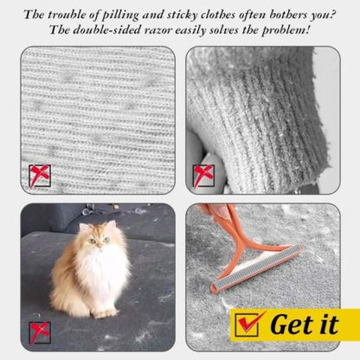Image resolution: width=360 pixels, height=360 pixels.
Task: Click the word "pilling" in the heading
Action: [120, 15]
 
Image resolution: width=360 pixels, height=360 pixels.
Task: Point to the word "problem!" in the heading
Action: [286, 30]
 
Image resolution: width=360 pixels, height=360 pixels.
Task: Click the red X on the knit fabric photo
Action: [40, 176]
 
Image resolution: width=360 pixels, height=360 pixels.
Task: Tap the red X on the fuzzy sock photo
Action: [203, 176]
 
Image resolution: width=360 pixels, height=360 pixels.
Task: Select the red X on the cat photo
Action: [40, 333]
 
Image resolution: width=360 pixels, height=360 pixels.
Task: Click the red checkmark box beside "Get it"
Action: [247, 325]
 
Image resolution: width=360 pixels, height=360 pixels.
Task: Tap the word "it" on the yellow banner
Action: [329, 325]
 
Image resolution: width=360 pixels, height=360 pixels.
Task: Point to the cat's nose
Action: [99, 245]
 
